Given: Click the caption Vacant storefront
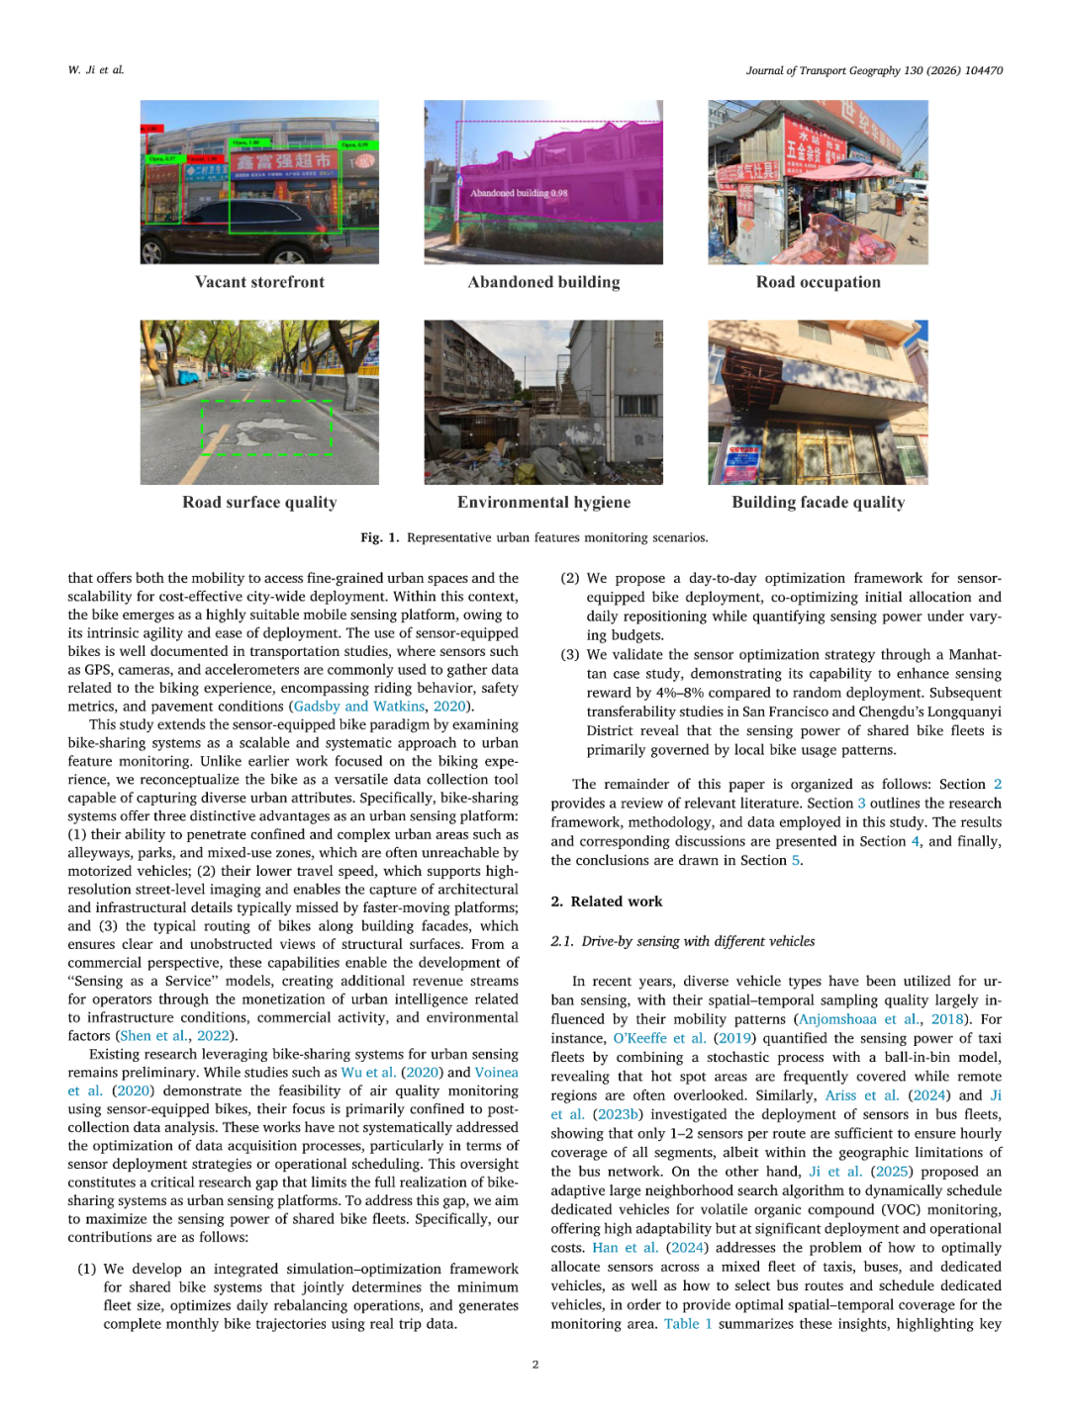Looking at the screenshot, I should (259, 282).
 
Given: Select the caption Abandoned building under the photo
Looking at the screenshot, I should (543, 282).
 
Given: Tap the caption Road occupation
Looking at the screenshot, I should (818, 282).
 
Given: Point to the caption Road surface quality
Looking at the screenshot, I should (259, 502).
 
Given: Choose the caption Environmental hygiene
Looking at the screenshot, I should (543, 502).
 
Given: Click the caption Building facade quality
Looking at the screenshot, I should (818, 502).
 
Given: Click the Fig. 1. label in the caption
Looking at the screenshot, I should (379, 537).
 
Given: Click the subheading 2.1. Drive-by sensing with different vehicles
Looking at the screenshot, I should (682, 941).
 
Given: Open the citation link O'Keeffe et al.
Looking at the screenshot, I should (659, 1038).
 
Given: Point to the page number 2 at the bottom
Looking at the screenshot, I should (535, 1365).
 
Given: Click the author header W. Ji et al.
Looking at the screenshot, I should (96, 70).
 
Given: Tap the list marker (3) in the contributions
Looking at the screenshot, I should (569, 654).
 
